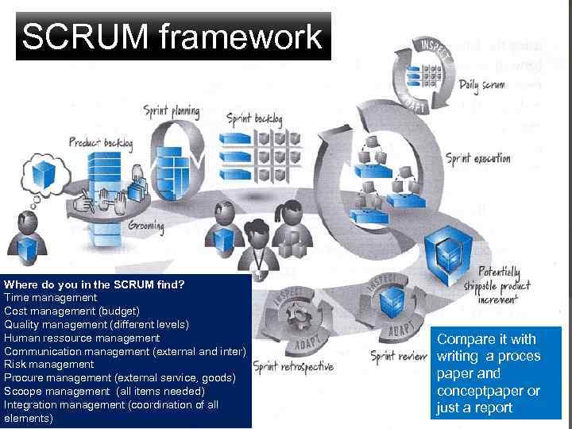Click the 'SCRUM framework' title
click(x=172, y=37)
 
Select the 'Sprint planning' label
click(x=171, y=111)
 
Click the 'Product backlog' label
click(x=100, y=143)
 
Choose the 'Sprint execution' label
click(x=477, y=158)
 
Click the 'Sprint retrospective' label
click(x=293, y=366)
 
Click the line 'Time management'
click(x=51, y=297)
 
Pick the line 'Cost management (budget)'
click(x=71, y=311)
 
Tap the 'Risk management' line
click(x=49, y=365)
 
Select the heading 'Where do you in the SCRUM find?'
click(x=95, y=284)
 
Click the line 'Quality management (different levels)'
click(x=96, y=324)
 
